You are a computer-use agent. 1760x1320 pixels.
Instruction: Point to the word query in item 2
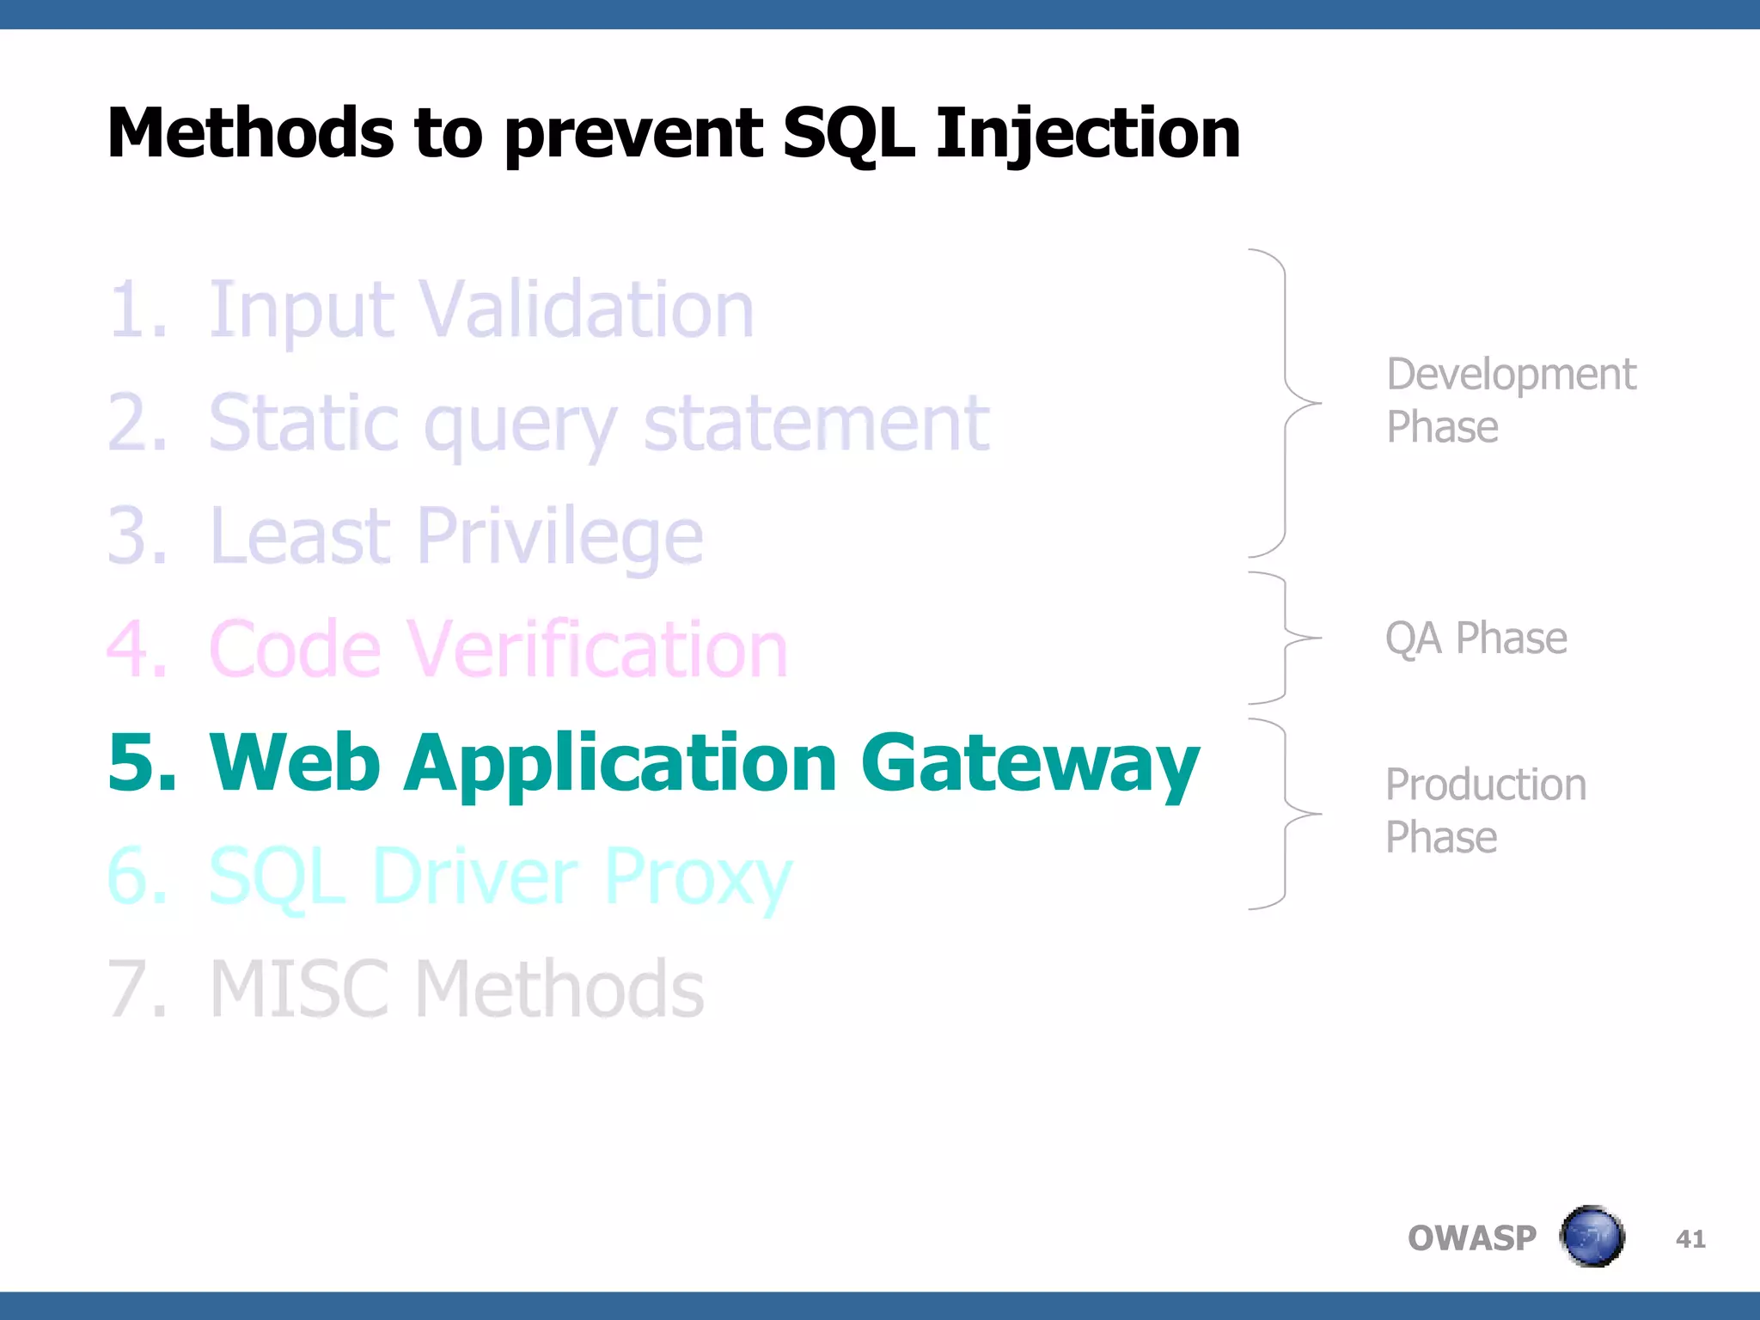(x=520, y=425)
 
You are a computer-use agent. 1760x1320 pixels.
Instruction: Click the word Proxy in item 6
(x=697, y=877)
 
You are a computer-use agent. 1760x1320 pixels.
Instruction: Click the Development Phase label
(x=1510, y=400)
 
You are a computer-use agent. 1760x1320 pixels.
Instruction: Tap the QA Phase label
(x=1476, y=639)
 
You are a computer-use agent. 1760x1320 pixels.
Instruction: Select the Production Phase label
(x=1485, y=810)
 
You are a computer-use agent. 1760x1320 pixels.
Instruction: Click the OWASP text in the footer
(x=1471, y=1238)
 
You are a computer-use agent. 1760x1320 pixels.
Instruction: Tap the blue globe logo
(x=1592, y=1237)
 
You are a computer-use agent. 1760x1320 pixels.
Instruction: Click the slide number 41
(x=1690, y=1238)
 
